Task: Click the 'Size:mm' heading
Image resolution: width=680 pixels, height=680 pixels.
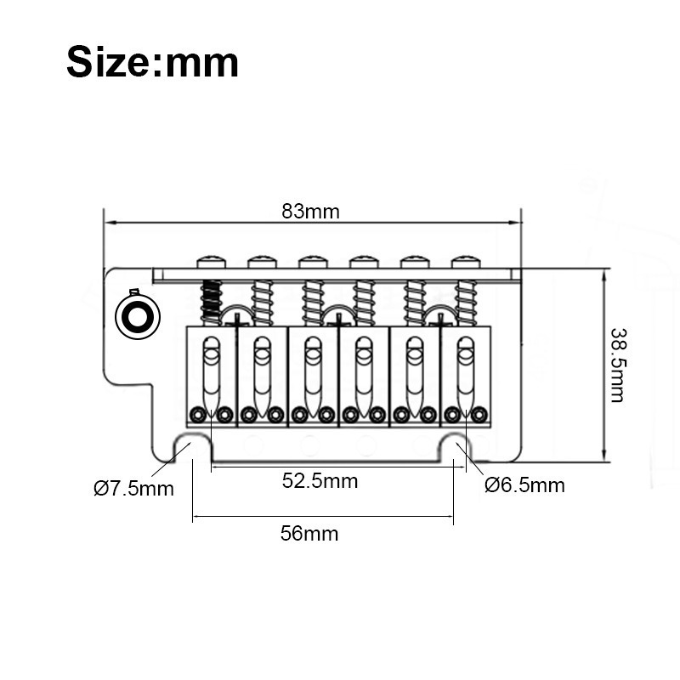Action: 152,63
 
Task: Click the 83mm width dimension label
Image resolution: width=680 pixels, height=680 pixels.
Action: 310,212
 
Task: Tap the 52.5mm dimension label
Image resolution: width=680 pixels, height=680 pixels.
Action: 320,481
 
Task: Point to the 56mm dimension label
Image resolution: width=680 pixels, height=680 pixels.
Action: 309,534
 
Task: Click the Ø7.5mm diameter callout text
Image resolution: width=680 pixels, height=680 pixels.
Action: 133,489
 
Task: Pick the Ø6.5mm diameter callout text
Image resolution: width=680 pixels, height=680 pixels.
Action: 524,485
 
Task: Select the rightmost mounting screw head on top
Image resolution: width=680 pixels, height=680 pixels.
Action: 465,261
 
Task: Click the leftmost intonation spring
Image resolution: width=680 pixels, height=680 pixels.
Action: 211,302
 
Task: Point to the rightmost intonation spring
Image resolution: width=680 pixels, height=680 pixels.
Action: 466,302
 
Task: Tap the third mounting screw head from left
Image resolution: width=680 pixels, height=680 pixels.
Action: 312,261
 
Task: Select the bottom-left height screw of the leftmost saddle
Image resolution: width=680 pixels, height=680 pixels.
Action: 198,415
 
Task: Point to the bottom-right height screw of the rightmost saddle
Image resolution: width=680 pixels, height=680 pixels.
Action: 479,415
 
